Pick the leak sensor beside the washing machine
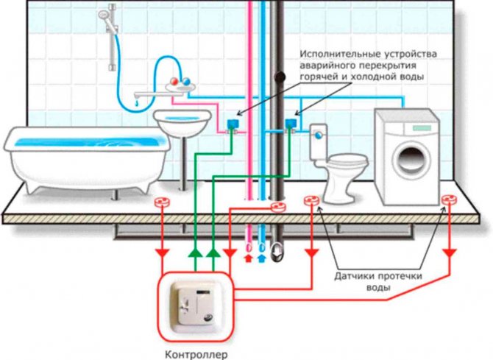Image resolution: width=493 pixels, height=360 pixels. point(447,200)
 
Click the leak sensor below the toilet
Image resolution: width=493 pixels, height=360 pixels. point(311,200)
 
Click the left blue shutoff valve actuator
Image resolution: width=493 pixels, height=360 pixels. point(233,124)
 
